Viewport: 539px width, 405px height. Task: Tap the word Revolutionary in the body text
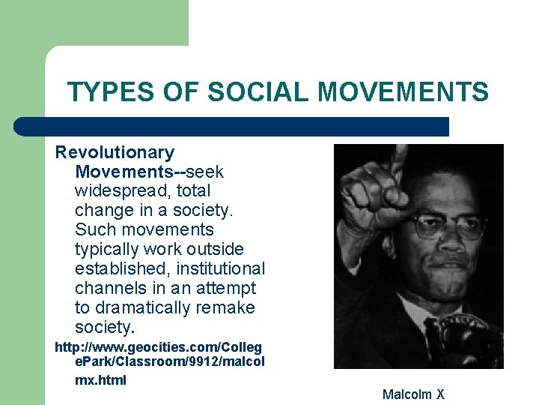(x=115, y=152)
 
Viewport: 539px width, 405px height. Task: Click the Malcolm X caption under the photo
(x=413, y=394)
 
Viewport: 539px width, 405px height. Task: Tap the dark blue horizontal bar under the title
(x=232, y=126)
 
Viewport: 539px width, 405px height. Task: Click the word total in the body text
(x=192, y=191)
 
